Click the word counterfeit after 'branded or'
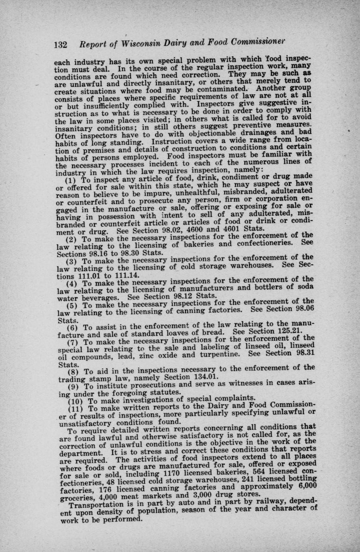[95, 224]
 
